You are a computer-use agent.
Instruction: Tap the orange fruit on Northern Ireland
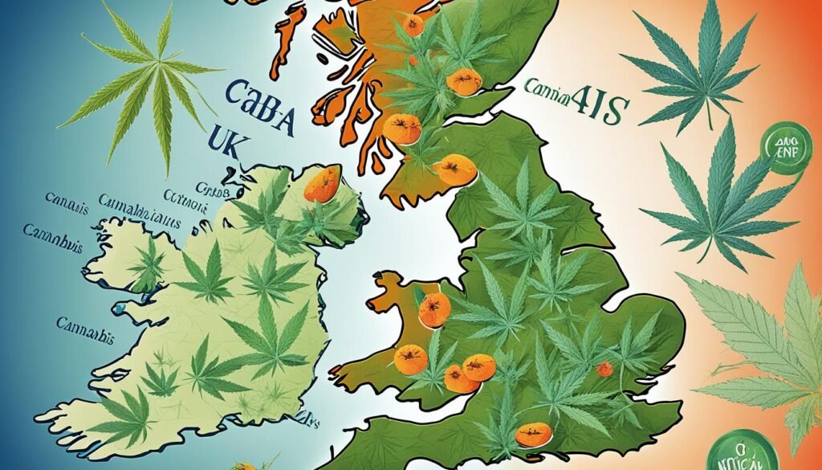[x=322, y=185]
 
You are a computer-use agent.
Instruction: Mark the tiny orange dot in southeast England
[x=604, y=369]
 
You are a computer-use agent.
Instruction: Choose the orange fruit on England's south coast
[x=533, y=435]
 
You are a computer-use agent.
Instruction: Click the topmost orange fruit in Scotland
[x=413, y=26]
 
